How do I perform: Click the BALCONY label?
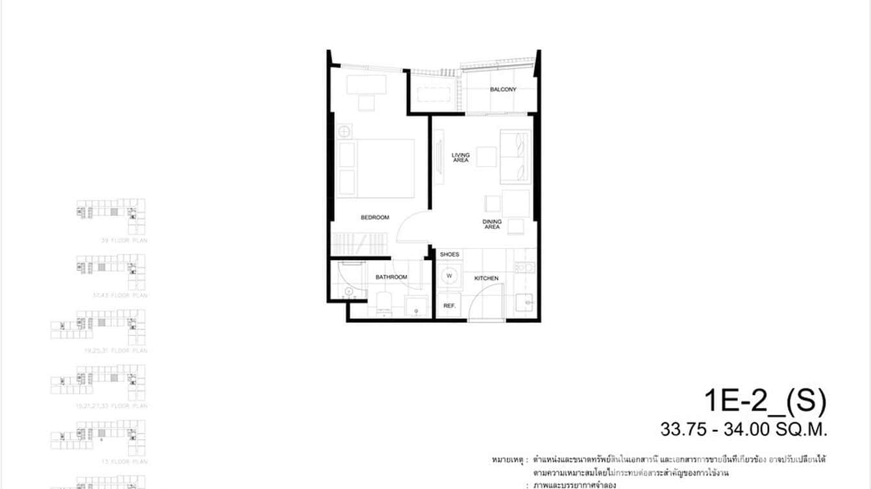click(503, 89)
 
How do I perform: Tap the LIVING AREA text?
click(461, 158)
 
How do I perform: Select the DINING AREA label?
click(492, 224)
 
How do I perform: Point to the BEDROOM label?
click(374, 217)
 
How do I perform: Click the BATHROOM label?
click(391, 277)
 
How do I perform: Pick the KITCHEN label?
click(486, 278)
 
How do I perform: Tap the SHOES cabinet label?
click(449, 255)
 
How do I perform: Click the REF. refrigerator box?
click(448, 305)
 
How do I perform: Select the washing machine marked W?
click(448, 276)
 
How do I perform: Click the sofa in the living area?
click(515, 156)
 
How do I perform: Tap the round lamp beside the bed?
click(344, 132)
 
